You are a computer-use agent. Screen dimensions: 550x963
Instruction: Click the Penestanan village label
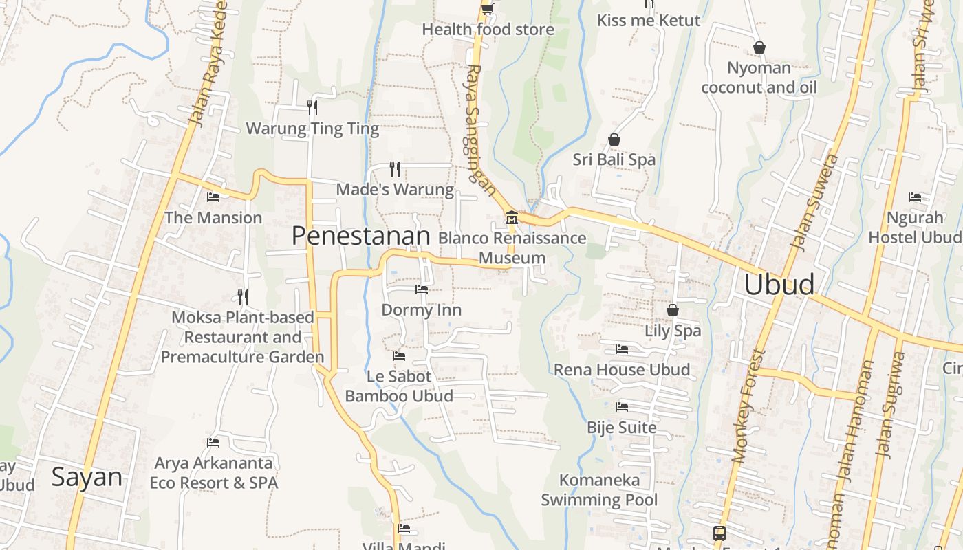click(x=360, y=236)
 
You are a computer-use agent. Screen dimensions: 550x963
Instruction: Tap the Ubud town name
click(x=779, y=284)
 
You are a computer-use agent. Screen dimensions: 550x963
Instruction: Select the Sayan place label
click(x=87, y=477)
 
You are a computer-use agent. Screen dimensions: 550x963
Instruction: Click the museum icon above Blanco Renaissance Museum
click(x=511, y=218)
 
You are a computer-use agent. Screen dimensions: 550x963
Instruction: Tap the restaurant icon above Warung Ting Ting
click(x=312, y=108)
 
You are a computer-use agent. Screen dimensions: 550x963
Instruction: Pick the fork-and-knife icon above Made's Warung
click(x=395, y=168)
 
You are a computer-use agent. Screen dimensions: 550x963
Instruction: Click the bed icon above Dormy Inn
click(x=422, y=289)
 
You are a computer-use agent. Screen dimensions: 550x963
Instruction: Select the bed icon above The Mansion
click(x=213, y=197)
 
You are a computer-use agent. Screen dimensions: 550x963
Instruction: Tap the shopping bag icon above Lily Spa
click(x=673, y=310)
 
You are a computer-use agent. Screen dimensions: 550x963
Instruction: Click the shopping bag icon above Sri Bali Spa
click(x=614, y=140)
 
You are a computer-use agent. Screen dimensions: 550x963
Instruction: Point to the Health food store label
click(x=488, y=30)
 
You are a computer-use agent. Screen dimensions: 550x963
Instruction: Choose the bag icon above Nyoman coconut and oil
click(x=759, y=47)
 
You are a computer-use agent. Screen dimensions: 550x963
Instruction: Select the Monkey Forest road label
click(x=749, y=406)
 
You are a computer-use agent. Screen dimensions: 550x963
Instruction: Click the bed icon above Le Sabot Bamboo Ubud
click(x=398, y=356)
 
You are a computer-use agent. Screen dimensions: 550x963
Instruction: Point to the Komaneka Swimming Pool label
click(x=599, y=489)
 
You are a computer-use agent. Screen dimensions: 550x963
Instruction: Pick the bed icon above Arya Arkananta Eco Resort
click(x=213, y=443)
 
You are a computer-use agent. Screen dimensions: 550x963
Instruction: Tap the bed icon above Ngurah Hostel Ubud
click(x=915, y=197)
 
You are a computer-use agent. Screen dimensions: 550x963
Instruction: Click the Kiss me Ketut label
click(x=649, y=21)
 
